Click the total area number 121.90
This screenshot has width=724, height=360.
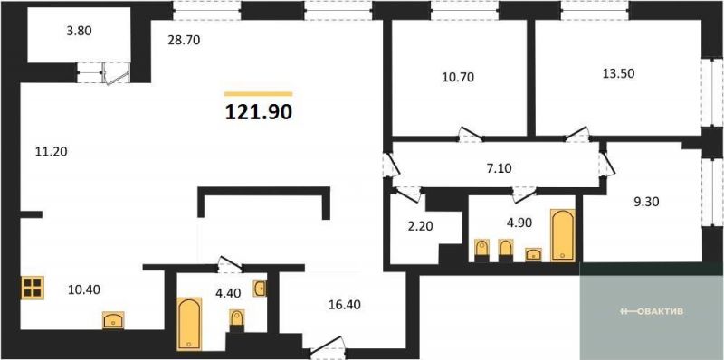tap(259, 111)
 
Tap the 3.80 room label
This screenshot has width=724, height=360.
tap(79, 32)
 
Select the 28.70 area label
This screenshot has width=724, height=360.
tap(184, 40)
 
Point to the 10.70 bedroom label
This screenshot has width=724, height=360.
tap(458, 77)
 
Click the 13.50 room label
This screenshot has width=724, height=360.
tap(619, 73)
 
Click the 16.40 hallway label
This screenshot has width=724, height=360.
tap(345, 304)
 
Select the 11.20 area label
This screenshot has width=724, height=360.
tap(52, 151)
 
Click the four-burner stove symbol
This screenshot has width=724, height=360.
tap(33, 287)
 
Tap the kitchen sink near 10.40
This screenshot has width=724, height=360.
tap(113, 320)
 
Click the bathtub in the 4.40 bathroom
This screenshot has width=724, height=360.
tap(189, 324)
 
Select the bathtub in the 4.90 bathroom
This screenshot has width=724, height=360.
tap(563, 235)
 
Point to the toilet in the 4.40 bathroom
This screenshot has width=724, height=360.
tap(237, 321)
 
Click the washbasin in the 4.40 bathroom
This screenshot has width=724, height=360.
tap(260, 289)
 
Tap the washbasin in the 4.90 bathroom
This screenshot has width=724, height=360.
tap(534, 254)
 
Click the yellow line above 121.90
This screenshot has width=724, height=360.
tap(259, 94)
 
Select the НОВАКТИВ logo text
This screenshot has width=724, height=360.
tap(652, 311)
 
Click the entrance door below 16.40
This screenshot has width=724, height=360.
tap(328, 347)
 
